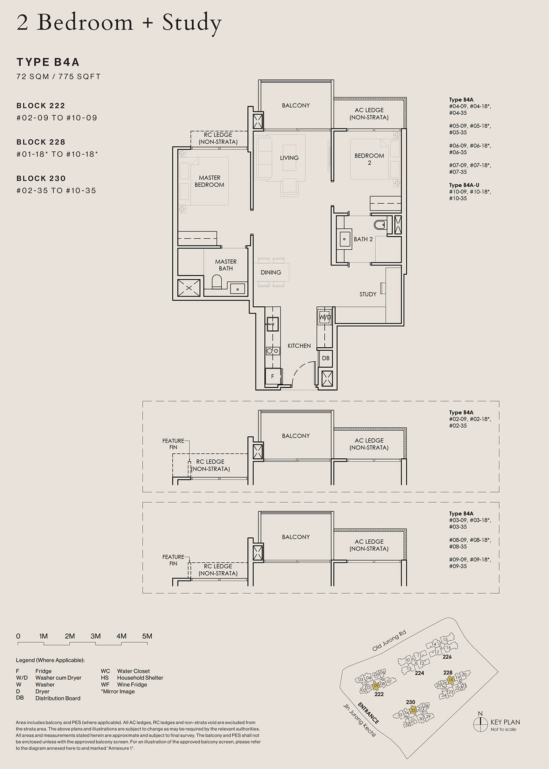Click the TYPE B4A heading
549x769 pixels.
(x=48, y=62)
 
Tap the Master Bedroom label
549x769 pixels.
(x=209, y=181)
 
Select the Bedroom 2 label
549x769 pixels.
(x=369, y=159)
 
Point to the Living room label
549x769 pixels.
(x=289, y=158)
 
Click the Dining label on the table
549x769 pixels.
(x=271, y=273)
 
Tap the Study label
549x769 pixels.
(x=368, y=294)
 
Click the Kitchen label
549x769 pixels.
(x=299, y=346)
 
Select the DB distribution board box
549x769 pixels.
(x=326, y=358)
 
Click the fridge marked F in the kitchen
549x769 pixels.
(x=273, y=376)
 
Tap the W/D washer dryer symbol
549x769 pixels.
(x=325, y=317)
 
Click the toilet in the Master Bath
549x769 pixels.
(x=216, y=282)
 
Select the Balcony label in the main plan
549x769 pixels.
(x=296, y=105)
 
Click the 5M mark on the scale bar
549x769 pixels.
(x=147, y=636)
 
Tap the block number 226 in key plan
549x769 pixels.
(x=447, y=657)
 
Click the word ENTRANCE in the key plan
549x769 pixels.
(x=368, y=712)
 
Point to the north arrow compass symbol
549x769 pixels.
(x=480, y=723)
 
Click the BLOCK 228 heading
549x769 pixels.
(x=41, y=142)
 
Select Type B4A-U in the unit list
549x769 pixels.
(x=464, y=185)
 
